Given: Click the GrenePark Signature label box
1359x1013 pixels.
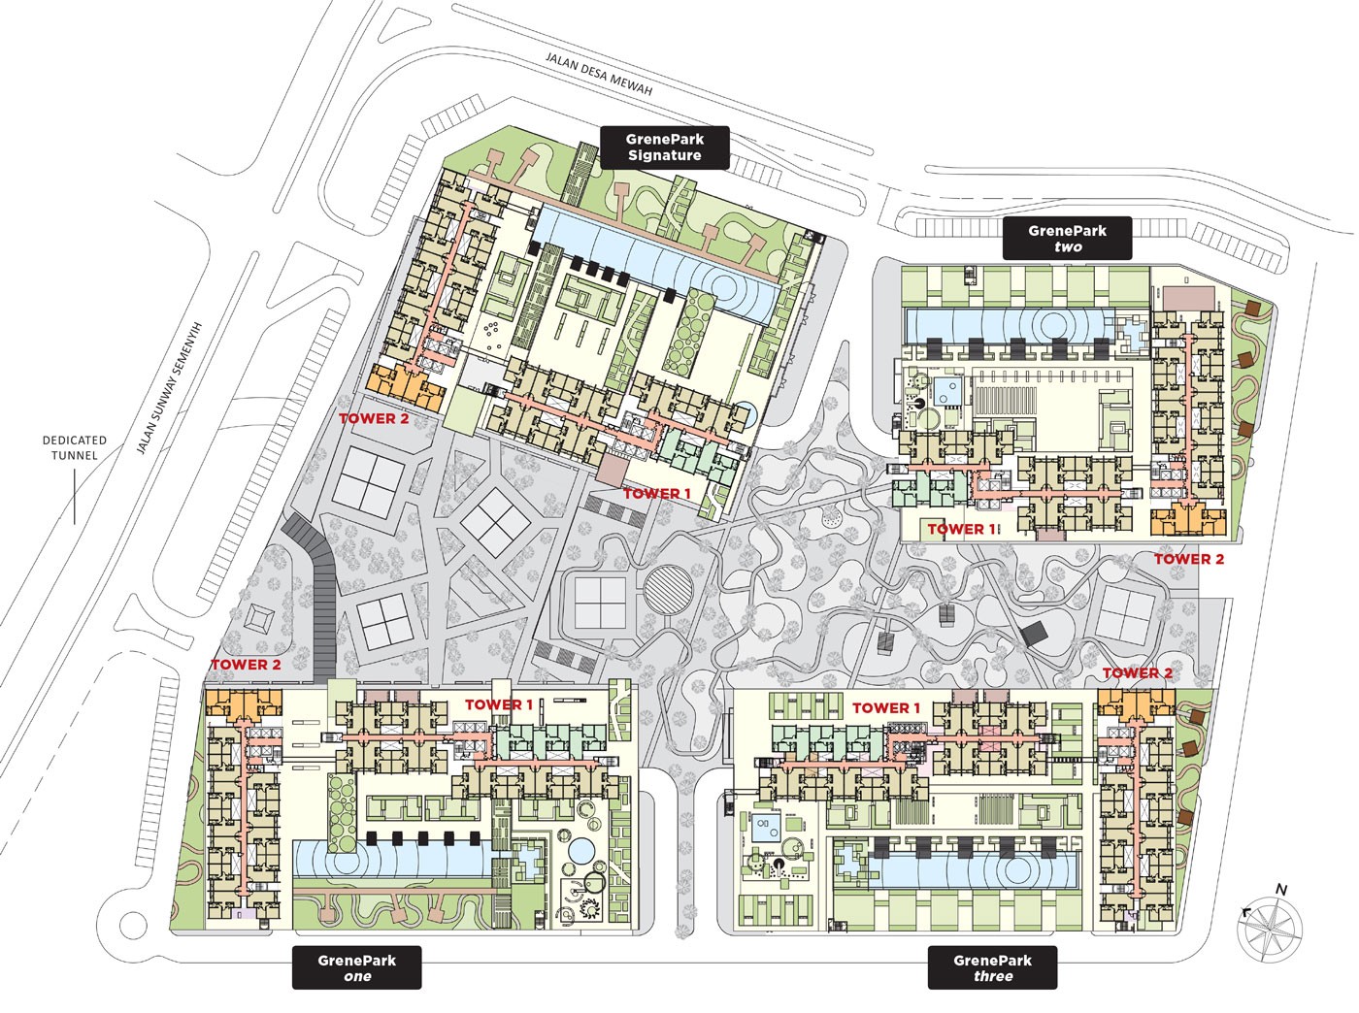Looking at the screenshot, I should point(664,147).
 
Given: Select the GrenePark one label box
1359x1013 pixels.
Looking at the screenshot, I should point(357,968).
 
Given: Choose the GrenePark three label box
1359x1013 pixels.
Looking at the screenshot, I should point(992,968).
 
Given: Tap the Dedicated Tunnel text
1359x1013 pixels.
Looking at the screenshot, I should point(75,447).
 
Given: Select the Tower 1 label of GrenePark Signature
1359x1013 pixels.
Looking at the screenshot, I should point(657,494).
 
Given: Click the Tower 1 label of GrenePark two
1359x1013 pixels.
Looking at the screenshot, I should point(962,529).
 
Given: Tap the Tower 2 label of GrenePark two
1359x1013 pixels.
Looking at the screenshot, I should point(1188,559).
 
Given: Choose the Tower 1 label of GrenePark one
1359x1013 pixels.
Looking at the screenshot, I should point(499,704).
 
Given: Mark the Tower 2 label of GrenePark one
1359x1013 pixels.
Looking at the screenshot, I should point(246,665).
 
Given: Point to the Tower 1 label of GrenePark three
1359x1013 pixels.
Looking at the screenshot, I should point(886,708).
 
